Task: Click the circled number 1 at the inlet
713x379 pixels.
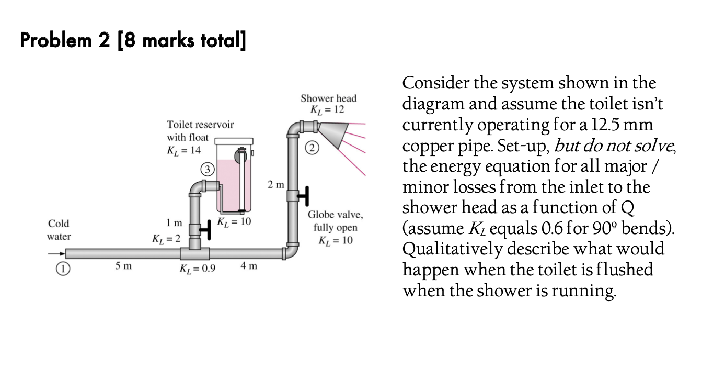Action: click(62, 269)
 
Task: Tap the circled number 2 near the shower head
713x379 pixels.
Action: click(312, 148)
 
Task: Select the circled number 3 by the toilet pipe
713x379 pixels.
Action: click(207, 169)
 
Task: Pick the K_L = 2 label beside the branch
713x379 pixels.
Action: click(166, 240)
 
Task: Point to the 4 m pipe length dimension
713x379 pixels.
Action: click(249, 266)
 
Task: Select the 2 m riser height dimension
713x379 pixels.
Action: click(275, 185)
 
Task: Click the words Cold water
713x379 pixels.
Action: click(59, 230)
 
